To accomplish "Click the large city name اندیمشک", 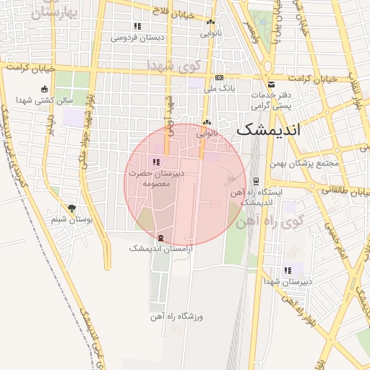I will (272, 130).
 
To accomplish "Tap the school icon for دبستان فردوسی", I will (137, 27).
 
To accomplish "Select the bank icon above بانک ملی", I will (219, 79).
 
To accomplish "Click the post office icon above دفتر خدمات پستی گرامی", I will (271, 85).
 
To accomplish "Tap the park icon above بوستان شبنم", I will (72, 207).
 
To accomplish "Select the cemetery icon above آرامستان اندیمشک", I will (160, 238).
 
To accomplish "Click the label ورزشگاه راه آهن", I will (178, 317).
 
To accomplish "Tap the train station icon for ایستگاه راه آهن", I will (257, 181).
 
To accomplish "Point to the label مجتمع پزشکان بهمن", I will (304, 163).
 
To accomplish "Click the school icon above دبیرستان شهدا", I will (288, 270).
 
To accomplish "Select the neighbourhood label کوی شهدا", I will (173, 65).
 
